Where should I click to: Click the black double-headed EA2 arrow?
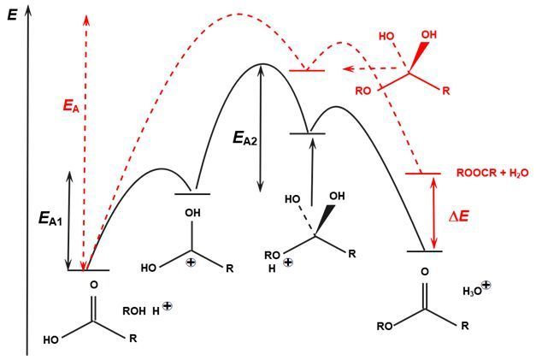tap(261, 129)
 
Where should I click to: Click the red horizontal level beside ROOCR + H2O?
tap(422, 174)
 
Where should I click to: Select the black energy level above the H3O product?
tap(425, 251)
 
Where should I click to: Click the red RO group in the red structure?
tap(362, 89)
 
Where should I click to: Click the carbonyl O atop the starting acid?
tap(93, 285)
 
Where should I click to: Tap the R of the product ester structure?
tap(464, 325)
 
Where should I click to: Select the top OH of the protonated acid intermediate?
tap(196, 213)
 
